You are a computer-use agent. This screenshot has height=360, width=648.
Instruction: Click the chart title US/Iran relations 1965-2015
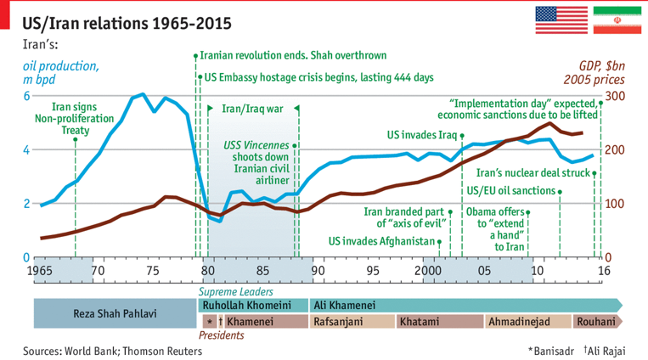click(127, 20)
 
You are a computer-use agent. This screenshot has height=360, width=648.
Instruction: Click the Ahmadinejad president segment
click(518, 322)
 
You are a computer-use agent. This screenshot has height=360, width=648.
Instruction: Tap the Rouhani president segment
click(596, 322)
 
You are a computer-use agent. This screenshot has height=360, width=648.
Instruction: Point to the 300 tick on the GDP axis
click(614, 96)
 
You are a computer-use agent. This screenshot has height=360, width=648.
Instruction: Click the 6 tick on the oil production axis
click(25, 96)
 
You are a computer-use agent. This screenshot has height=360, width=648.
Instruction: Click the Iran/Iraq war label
click(251, 109)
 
